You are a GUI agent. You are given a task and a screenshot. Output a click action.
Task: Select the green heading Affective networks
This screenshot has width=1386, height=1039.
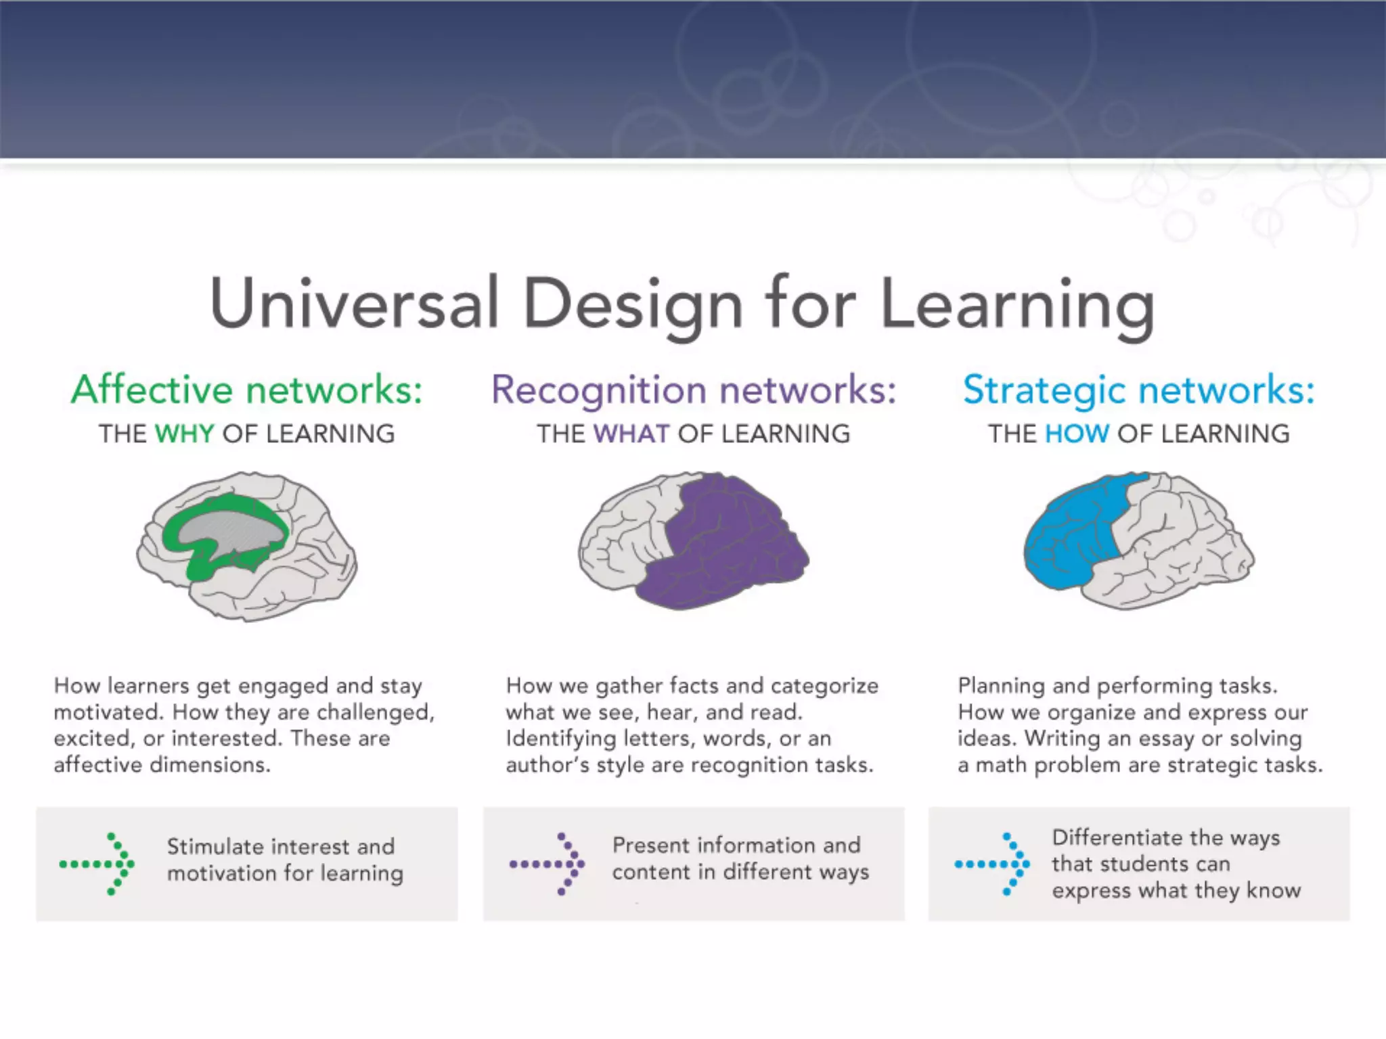[x=247, y=390]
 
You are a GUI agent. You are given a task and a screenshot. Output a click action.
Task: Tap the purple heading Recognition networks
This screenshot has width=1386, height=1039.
[x=694, y=390]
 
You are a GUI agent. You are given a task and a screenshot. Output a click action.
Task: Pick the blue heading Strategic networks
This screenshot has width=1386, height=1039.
[x=1139, y=390]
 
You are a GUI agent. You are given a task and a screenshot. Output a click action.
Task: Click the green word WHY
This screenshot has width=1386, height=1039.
[x=184, y=434]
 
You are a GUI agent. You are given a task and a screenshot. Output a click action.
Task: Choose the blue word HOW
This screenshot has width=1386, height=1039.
[x=1077, y=434]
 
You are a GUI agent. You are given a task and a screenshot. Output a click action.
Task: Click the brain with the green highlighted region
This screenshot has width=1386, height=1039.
[x=247, y=547]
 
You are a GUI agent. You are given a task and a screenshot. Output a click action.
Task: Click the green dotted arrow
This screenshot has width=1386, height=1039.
[x=97, y=864]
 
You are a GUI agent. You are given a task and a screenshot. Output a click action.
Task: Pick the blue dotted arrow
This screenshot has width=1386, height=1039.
[x=992, y=864]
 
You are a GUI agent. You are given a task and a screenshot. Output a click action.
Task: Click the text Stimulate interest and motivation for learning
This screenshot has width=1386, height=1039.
[x=284, y=860]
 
